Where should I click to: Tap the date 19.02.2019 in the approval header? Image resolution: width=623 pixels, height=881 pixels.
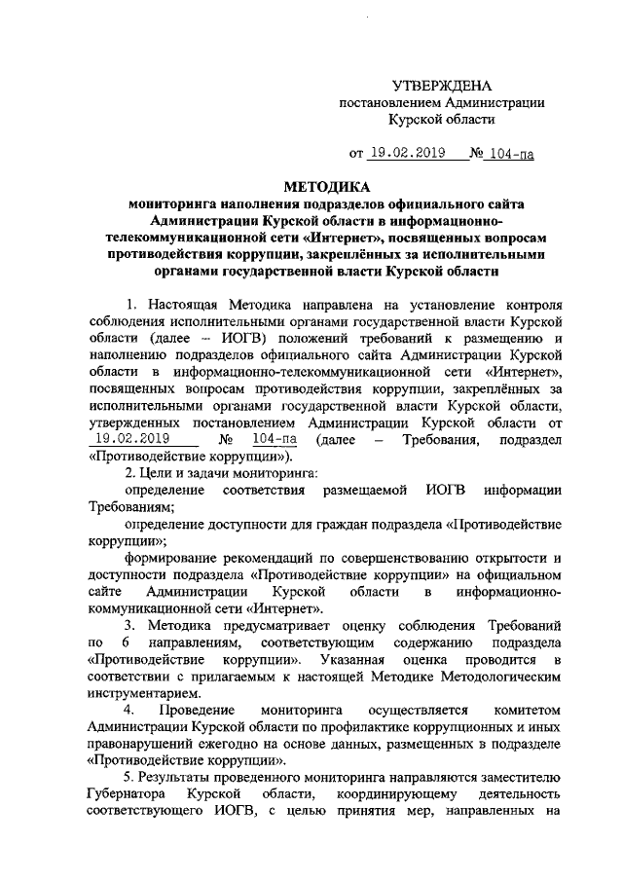click(x=407, y=152)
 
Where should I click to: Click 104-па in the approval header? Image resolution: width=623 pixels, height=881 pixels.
click(x=510, y=152)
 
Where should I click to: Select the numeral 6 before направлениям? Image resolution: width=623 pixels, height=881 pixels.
click(x=125, y=642)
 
